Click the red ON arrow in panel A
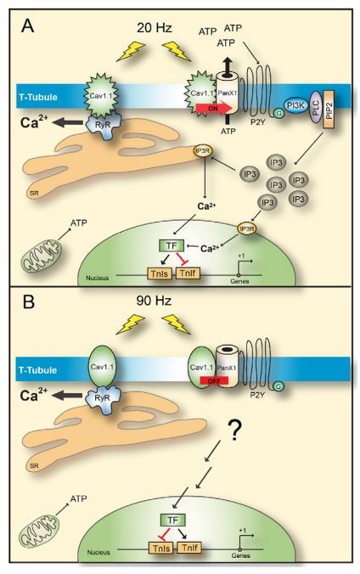pyautogui.click(x=213, y=109)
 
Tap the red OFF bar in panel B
pyautogui.click(x=214, y=380)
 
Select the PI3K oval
pyautogui.click(x=296, y=106)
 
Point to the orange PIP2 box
pyautogui.click(x=329, y=109)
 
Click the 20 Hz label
pyautogui.click(x=154, y=27)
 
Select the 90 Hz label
pyautogui.click(x=154, y=301)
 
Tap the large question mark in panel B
pyautogui.click(x=234, y=430)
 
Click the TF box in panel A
pyautogui.click(x=171, y=245)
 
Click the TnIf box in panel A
pyautogui.click(x=188, y=273)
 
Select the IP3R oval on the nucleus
pyautogui.click(x=247, y=228)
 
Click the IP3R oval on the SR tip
pyautogui.click(x=203, y=151)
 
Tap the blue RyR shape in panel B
pyautogui.click(x=102, y=398)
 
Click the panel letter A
pyautogui.click(x=28, y=25)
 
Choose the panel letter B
pyautogui.click(x=29, y=303)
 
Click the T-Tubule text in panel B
pyautogui.click(x=38, y=369)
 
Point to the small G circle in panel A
pyautogui.click(x=279, y=114)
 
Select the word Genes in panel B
pyautogui.click(x=240, y=555)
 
